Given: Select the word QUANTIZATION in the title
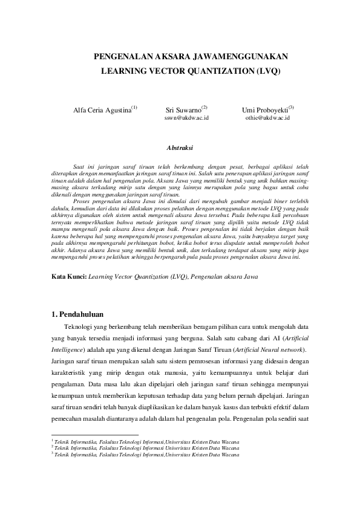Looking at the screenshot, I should click(201, 71).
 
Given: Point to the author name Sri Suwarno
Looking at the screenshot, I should click(182, 111).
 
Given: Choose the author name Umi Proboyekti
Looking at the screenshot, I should click(264, 111).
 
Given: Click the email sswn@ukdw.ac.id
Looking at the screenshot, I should click(186, 118).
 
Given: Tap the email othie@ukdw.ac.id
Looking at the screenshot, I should click(267, 118).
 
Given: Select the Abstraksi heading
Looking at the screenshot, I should click(180, 147).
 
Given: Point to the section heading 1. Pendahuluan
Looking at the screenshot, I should click(77, 314).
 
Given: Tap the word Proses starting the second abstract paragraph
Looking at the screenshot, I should click(81, 200).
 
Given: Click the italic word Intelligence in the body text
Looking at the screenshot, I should click(68, 349).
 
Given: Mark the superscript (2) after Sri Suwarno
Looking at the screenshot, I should click(204, 108).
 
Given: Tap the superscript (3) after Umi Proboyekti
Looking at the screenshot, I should click(291, 108).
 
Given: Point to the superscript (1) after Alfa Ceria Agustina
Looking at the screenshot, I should click(134, 108).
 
